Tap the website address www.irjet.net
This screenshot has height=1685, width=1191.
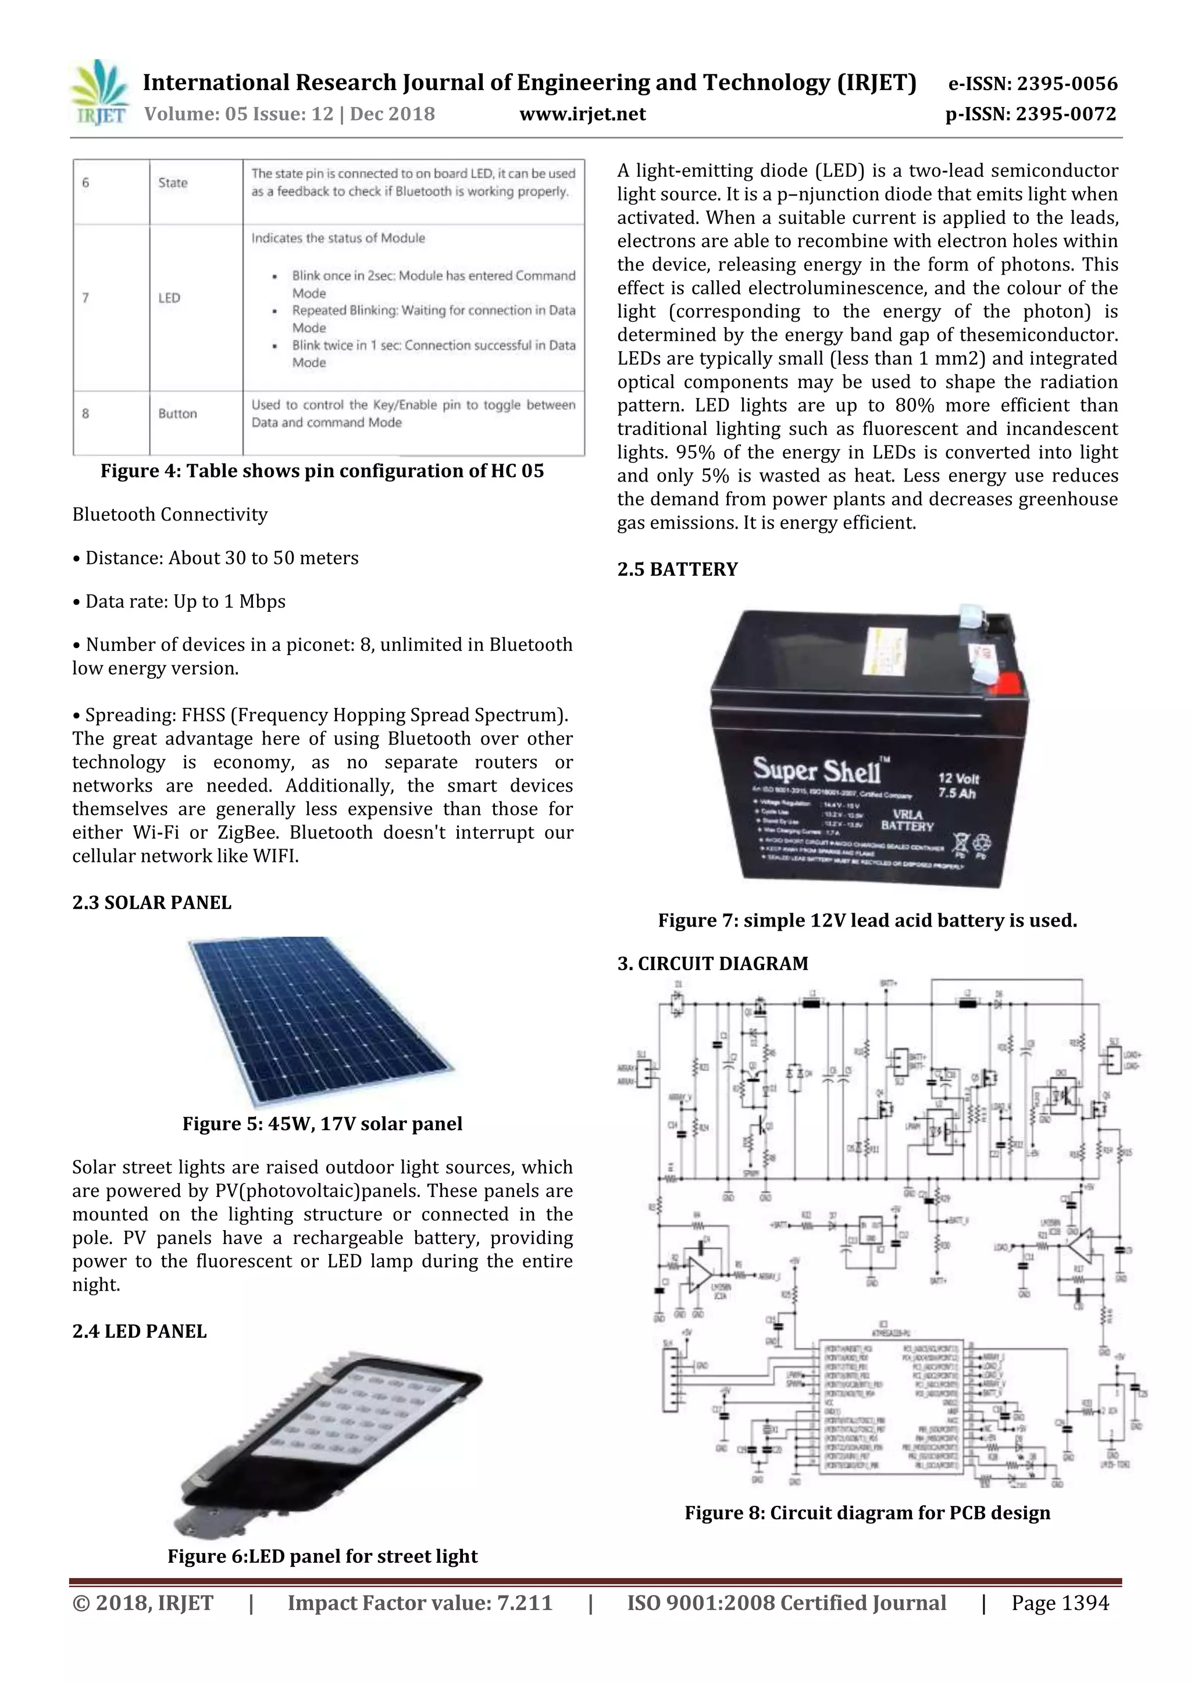582,114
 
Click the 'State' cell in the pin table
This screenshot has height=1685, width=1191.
173,183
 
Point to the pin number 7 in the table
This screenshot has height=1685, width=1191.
86,298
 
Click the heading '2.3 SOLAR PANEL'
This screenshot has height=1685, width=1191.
152,903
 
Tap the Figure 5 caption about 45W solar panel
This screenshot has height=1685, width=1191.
322,1124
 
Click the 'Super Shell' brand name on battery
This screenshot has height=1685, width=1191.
816,770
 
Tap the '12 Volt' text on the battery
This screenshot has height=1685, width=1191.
958,778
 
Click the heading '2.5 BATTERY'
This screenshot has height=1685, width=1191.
677,569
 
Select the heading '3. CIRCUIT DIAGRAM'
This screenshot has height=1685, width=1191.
712,964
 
